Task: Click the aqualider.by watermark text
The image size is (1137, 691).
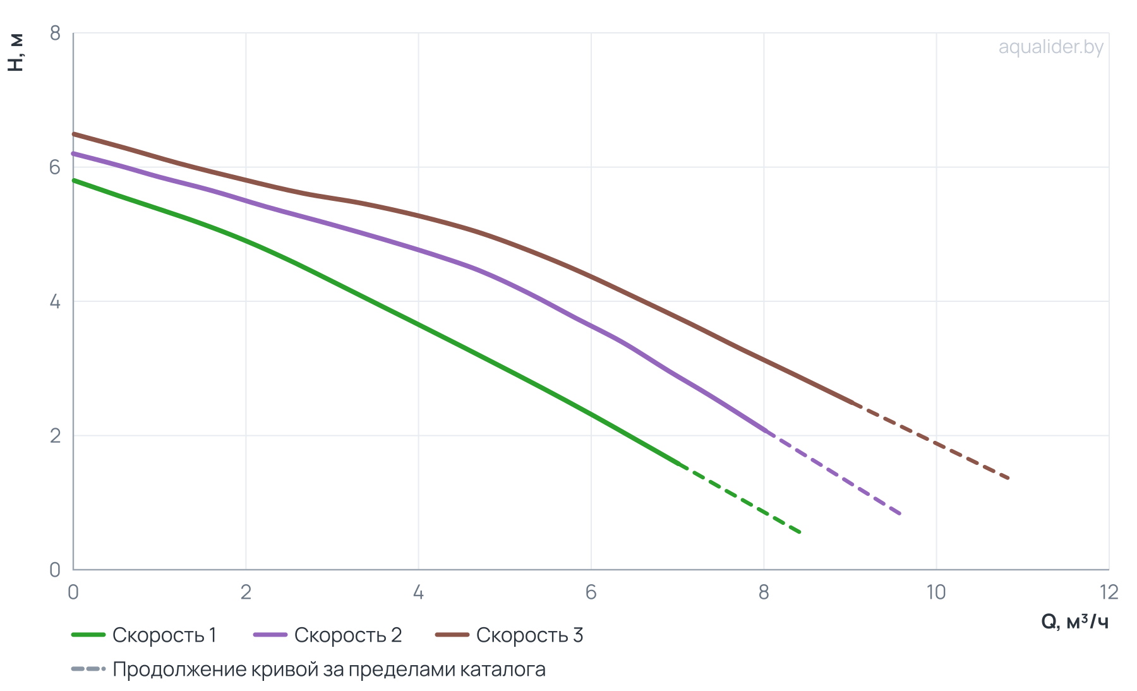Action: [x=1050, y=47]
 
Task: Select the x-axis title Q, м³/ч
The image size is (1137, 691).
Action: [x=1074, y=622]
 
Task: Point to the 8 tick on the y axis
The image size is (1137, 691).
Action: [x=55, y=33]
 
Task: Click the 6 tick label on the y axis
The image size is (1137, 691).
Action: [x=55, y=167]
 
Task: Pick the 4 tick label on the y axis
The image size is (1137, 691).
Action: [x=55, y=301]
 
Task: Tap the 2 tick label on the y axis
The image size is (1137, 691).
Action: [x=55, y=436]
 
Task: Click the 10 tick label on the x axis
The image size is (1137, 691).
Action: [x=936, y=592]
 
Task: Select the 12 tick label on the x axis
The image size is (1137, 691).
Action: [x=1109, y=592]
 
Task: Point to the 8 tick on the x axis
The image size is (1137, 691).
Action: [x=764, y=592]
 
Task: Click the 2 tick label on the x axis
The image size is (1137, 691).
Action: [x=246, y=592]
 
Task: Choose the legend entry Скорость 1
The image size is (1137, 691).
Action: [x=144, y=635]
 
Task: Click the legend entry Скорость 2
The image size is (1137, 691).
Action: [x=328, y=635]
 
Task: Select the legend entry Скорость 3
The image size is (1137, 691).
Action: [x=510, y=635]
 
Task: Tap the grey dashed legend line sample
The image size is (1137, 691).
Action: [x=88, y=669]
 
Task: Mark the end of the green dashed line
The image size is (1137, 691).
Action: [x=800, y=532]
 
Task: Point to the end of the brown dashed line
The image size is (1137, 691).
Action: [x=1009, y=479]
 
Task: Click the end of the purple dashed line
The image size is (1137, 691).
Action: [x=900, y=514]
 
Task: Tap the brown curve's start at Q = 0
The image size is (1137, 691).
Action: [x=74, y=134]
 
